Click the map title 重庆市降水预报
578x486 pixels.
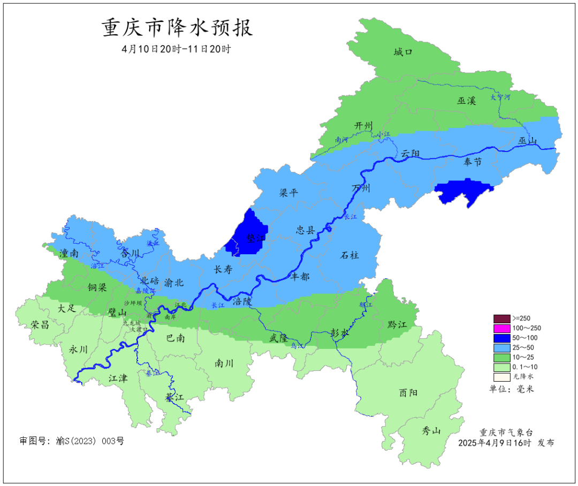[x=177, y=28]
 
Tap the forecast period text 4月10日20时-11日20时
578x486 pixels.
[x=176, y=49]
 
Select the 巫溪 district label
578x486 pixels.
[x=466, y=100]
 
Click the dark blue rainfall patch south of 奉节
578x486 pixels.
[x=463, y=192]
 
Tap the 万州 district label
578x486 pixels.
[x=361, y=188]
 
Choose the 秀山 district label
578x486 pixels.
[x=431, y=431]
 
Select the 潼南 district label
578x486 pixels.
[x=70, y=253]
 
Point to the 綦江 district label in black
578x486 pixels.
[x=174, y=397]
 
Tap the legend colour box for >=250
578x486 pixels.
[x=501, y=318]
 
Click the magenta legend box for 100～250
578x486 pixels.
[x=501, y=328]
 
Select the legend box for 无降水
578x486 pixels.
[x=501, y=376]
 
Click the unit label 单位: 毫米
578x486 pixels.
[x=512, y=389]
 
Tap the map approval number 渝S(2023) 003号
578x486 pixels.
[x=72, y=441]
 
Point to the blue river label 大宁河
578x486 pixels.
[x=501, y=97]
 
